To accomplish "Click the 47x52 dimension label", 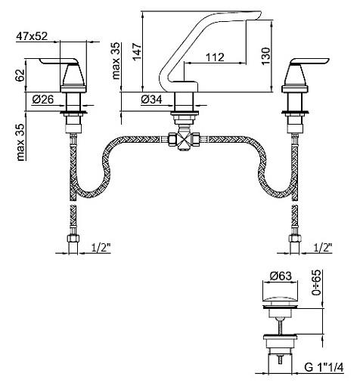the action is point(32,36).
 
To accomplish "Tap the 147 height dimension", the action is point(137,52).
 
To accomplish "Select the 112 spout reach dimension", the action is point(215,57).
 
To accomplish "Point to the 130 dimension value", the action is point(265,56).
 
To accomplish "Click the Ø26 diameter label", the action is point(43,100).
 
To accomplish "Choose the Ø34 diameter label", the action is point(151,100).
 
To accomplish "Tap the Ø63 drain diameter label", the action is point(281,276).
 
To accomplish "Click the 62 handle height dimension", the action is point(20,75).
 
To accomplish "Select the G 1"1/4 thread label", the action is point(324,367).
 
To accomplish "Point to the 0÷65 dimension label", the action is point(316,282).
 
